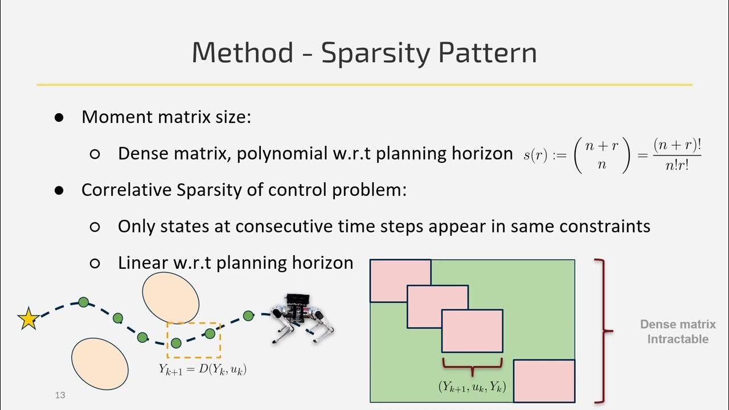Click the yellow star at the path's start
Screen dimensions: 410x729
tap(28, 319)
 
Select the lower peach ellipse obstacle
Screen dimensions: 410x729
tap(100, 363)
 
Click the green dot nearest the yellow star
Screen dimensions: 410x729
tap(84, 302)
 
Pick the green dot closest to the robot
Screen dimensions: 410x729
tap(248, 315)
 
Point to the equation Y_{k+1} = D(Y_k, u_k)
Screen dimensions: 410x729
tap(202, 369)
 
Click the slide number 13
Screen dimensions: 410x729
tap(60, 395)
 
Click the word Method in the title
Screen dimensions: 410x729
tap(243, 53)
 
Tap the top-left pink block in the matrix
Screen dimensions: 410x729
tap(400, 280)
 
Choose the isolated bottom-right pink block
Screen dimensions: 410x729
tap(544, 380)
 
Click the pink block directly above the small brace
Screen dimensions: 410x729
tap(472, 331)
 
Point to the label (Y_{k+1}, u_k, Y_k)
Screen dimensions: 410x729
tap(472, 386)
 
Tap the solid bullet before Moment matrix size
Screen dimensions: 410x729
tap(59, 117)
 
